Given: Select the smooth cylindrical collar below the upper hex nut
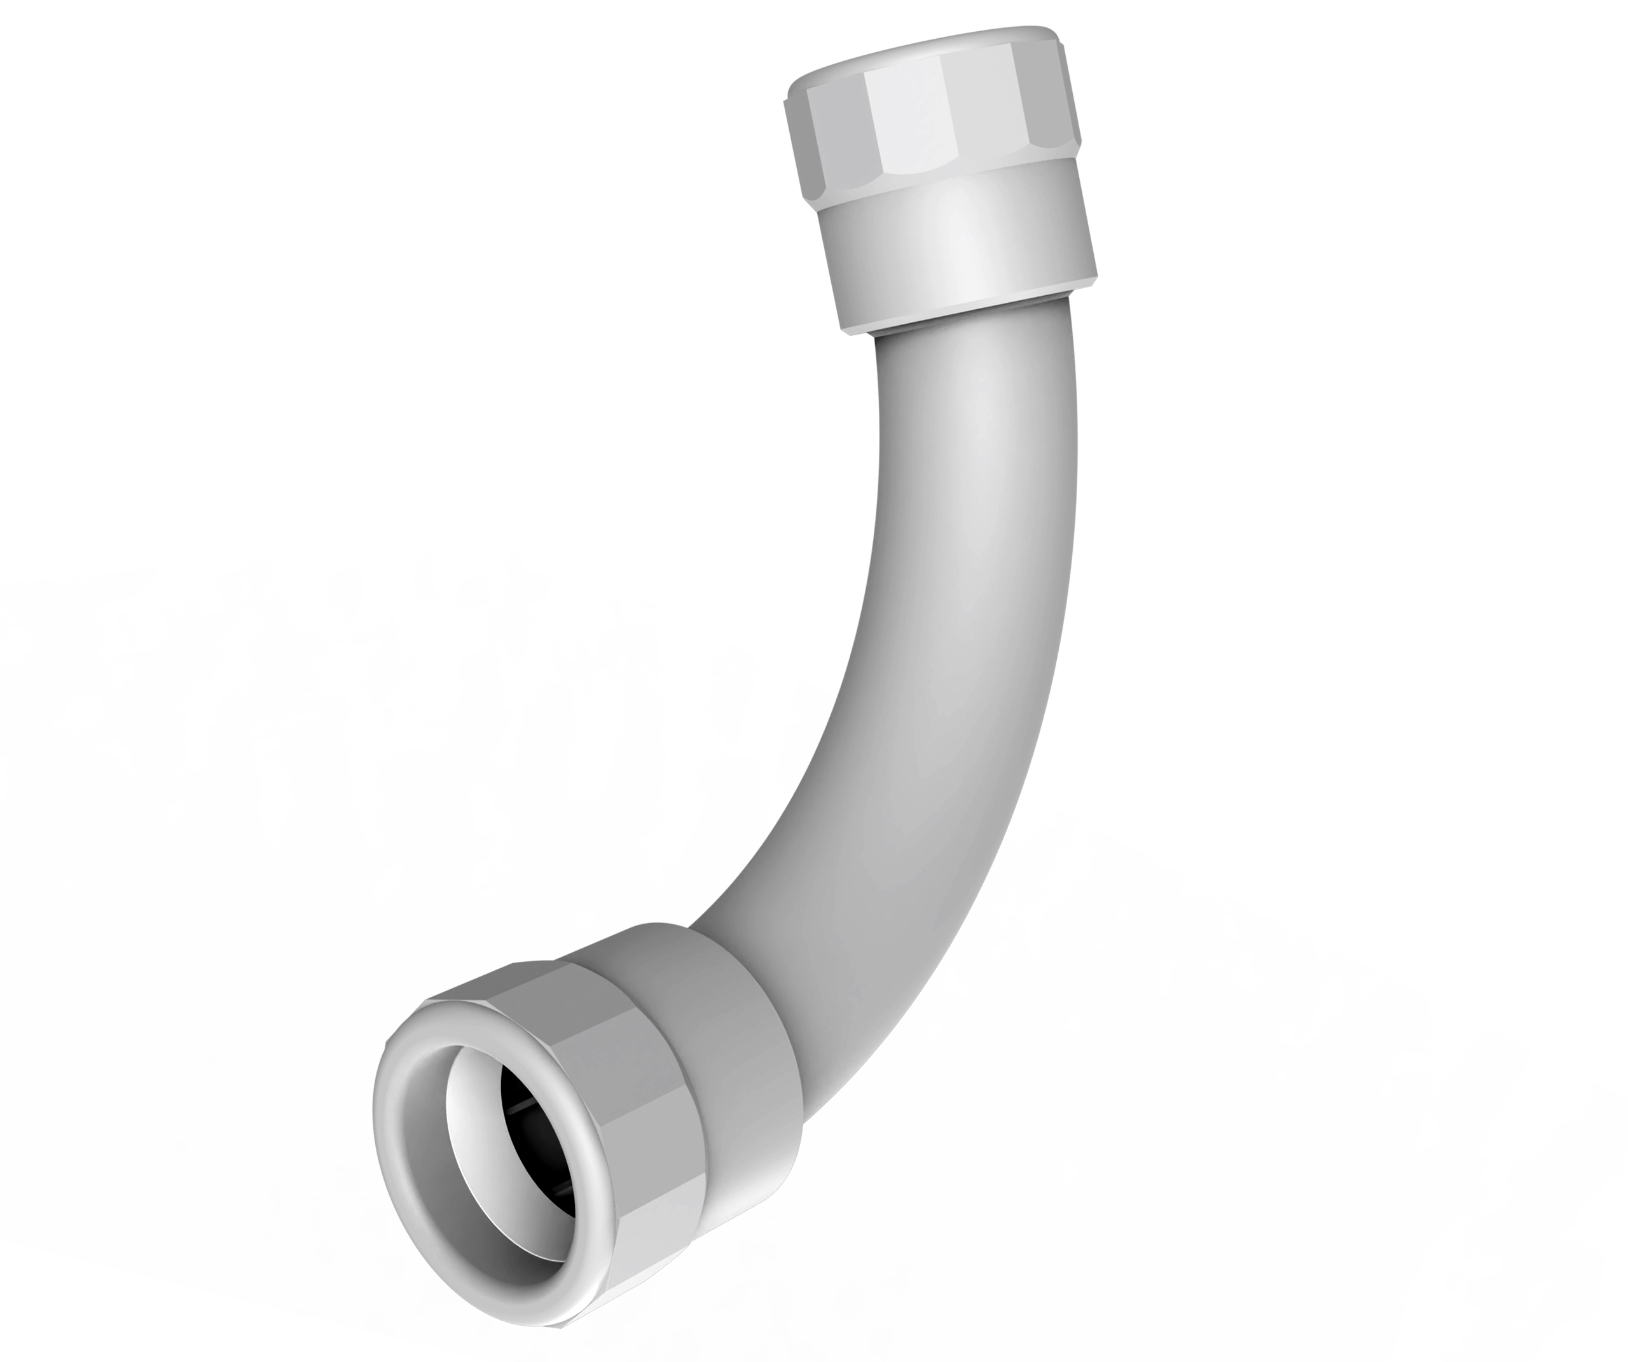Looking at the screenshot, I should [962, 248].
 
